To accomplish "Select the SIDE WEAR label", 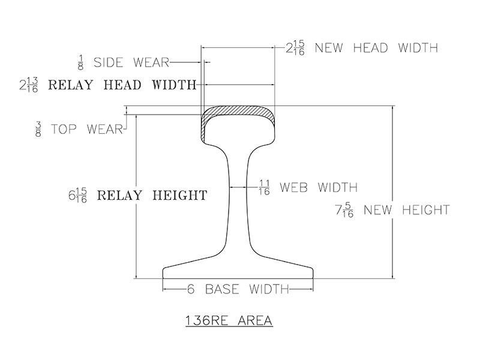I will pyautogui.click(x=132, y=62).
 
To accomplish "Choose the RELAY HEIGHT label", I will pyautogui.click(x=152, y=195).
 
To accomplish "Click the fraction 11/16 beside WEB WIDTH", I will pyautogui.click(x=264, y=187).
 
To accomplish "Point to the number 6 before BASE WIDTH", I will pyautogui.click(x=191, y=289).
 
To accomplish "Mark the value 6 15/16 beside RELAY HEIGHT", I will pyautogui.click(x=78, y=196).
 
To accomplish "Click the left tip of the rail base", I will pyautogui.click(x=164, y=272).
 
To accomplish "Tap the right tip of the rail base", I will pyautogui.click(x=311, y=272).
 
